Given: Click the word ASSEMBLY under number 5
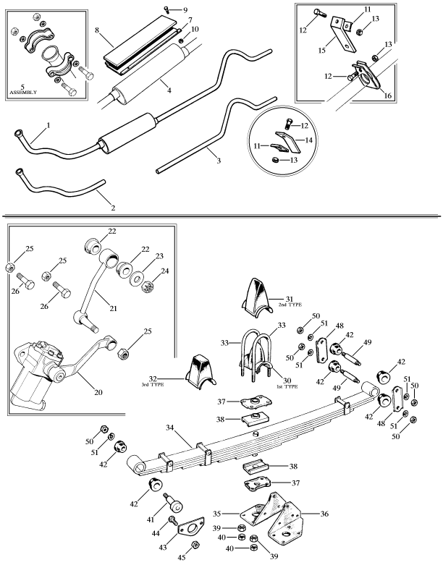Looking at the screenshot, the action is pos(23,93).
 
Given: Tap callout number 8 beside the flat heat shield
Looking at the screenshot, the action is pos(97,30).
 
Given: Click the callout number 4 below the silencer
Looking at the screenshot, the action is pos(169,90).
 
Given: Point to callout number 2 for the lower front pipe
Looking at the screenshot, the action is pos(114,208).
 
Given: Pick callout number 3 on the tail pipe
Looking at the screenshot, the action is pos(219,161).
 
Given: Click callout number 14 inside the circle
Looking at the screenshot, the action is pos(308,140).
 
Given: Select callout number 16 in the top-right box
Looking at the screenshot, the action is pos(388,95).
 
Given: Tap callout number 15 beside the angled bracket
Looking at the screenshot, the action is pos(321,51).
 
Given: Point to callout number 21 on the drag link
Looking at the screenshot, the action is pos(114,308).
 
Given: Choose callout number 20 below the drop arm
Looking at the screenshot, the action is pos(98,392).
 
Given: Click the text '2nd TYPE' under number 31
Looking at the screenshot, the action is pos(290,305).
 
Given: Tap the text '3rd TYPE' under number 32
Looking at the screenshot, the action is pos(153,385).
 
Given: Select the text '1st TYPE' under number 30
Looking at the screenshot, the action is pos(287,386).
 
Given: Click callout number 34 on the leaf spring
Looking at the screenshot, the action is pos(170,427).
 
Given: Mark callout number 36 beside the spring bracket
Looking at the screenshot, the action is pos(324,514).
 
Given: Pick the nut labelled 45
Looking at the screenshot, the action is pos(195,545).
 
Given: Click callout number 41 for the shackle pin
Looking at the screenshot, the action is pos(151,519).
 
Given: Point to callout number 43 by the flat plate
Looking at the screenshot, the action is pos(162,548).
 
